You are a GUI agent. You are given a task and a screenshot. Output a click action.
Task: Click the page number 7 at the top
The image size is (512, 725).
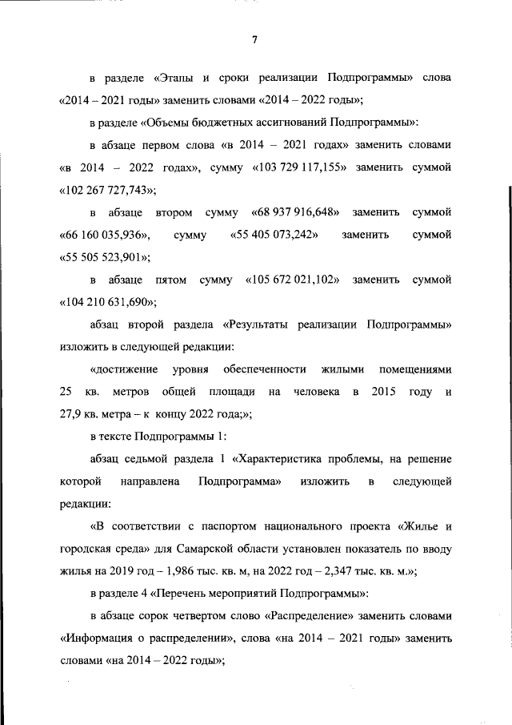[x=254, y=41]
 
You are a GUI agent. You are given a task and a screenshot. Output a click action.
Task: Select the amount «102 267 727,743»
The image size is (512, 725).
[x=108, y=191]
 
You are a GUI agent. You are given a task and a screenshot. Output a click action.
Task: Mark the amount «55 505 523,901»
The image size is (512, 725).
[x=105, y=257]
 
